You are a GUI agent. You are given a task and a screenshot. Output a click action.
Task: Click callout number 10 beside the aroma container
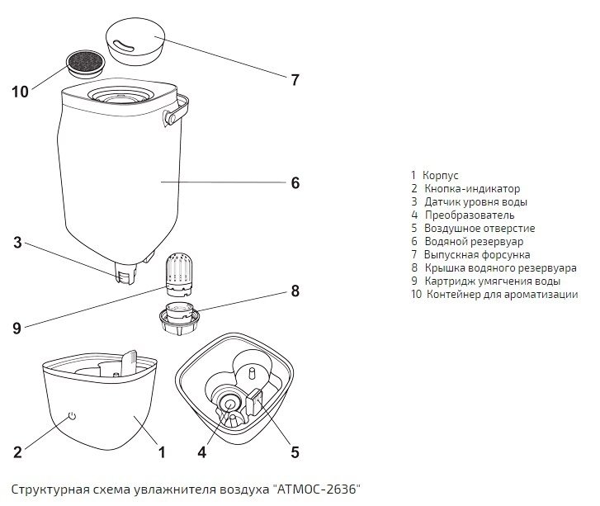coord(21,91)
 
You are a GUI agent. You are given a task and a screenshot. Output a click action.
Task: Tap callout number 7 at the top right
coord(295,80)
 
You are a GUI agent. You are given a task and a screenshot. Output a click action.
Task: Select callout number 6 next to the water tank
coord(295,182)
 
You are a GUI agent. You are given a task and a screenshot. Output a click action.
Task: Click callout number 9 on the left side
coord(17,328)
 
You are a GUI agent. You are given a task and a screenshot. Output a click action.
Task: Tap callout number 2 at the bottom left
coord(18,452)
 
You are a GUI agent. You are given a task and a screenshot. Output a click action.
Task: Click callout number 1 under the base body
coord(162,452)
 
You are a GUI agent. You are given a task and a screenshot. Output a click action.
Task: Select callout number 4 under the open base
coord(201,452)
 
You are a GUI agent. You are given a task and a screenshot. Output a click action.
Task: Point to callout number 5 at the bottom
coord(295,452)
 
